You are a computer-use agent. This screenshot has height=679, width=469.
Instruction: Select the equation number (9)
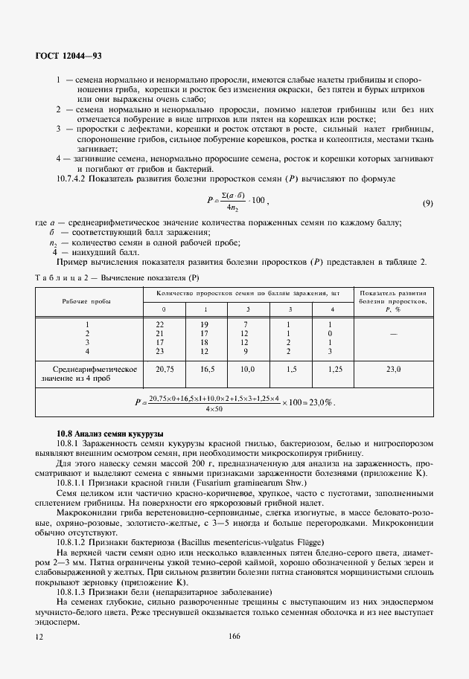pyautogui.click(x=427, y=203)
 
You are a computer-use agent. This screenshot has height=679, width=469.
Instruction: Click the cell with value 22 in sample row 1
pyautogui.click(x=159, y=324)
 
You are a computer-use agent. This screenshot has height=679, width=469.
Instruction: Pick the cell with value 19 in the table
pyautogui.click(x=205, y=324)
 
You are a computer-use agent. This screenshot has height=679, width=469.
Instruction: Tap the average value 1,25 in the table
pyautogui.click(x=334, y=369)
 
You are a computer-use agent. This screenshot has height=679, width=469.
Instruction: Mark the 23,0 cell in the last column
pyautogui.click(x=393, y=369)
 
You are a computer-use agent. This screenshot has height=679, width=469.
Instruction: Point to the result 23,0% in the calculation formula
pyautogui.click(x=319, y=402)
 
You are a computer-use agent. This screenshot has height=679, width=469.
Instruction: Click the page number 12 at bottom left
pyautogui.click(x=39, y=637)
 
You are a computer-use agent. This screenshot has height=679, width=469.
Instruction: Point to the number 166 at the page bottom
pyautogui.click(x=234, y=636)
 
